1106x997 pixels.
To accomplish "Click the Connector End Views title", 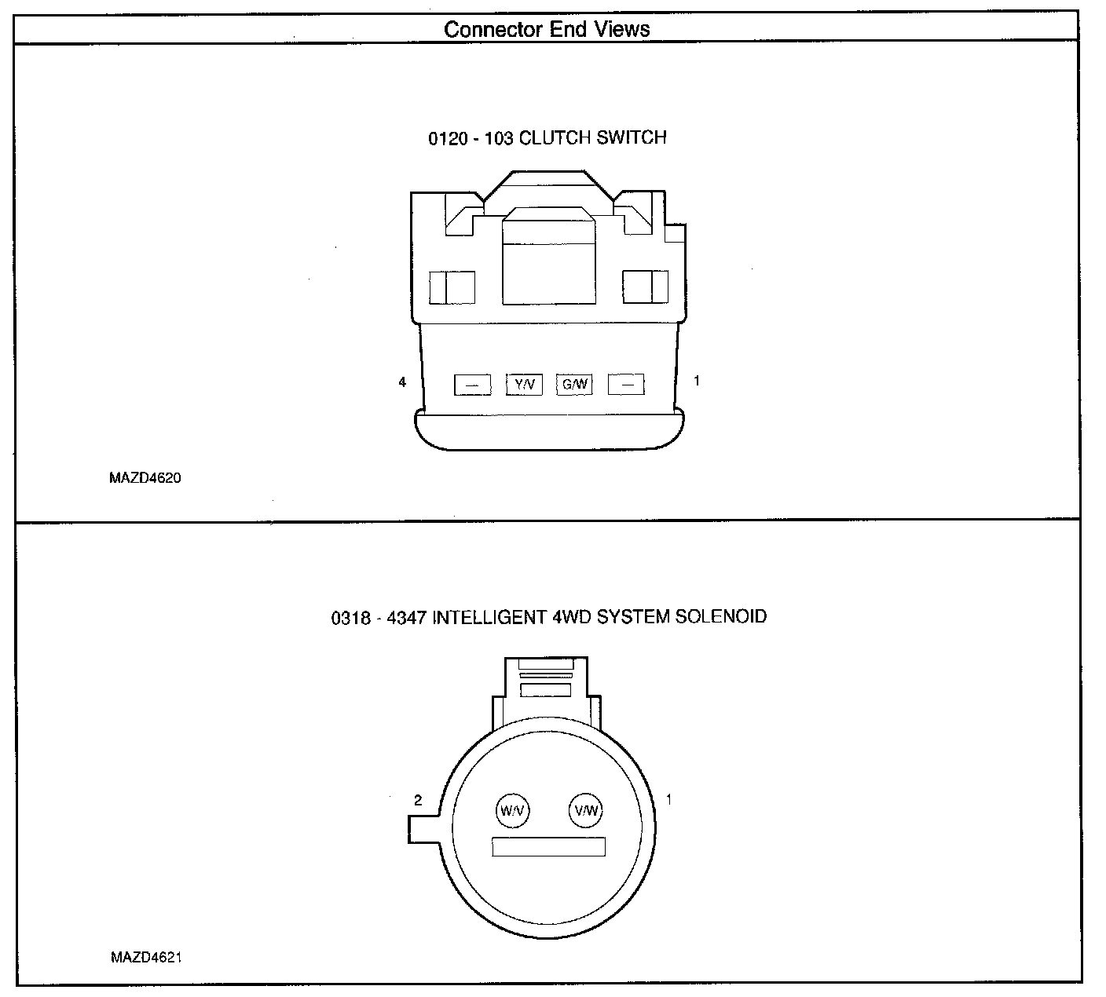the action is click(547, 30).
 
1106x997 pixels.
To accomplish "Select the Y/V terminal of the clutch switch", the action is click(524, 384).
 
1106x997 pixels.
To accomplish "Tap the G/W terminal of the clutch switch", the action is click(575, 384).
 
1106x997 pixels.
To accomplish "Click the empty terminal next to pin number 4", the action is click(472, 385).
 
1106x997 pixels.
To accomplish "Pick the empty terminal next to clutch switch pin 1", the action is click(626, 385).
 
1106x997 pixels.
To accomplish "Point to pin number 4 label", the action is click(403, 382).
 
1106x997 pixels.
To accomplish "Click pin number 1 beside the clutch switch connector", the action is click(696, 382).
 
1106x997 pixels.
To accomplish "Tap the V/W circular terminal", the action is click(585, 810).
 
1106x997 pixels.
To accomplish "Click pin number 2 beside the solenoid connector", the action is click(418, 801).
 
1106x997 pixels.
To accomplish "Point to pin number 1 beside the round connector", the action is click(668, 800).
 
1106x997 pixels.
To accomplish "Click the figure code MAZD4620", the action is click(146, 478).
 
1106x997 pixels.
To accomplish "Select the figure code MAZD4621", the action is click(146, 958).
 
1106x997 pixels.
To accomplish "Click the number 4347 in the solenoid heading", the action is click(405, 618).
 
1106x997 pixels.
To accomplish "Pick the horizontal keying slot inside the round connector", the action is click(548, 846).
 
